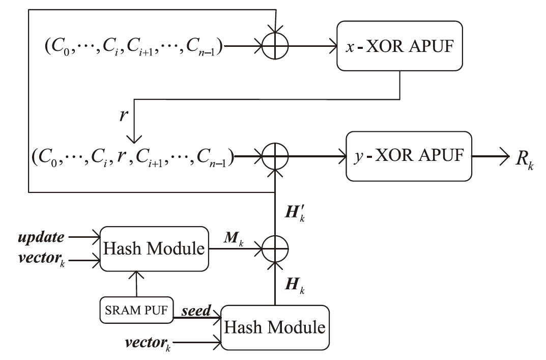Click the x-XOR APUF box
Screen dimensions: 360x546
[400, 46]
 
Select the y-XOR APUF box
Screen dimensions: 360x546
[409, 156]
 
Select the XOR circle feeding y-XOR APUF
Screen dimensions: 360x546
[275, 156]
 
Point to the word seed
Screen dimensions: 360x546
[196, 310]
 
